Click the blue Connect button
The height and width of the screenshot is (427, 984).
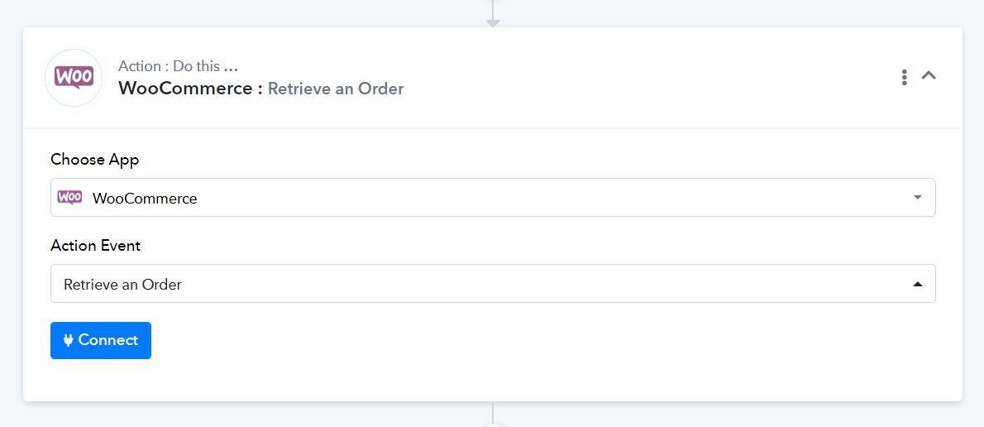pyautogui.click(x=100, y=340)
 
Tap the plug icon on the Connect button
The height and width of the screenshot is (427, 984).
pyautogui.click(x=69, y=340)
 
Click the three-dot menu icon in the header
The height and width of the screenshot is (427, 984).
pyautogui.click(x=904, y=77)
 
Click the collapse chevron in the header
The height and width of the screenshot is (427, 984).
pyautogui.click(x=929, y=75)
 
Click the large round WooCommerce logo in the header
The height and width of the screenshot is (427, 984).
pyautogui.click(x=74, y=78)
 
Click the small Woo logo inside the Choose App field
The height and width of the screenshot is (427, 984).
pyautogui.click(x=69, y=198)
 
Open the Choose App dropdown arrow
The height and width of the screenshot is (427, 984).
pyautogui.click(x=918, y=197)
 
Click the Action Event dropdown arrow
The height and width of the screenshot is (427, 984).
pyautogui.click(x=918, y=284)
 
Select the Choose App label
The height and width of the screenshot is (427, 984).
pyautogui.click(x=95, y=160)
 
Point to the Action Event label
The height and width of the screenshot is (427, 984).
pyautogui.click(x=95, y=246)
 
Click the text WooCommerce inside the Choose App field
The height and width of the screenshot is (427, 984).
pyautogui.click(x=145, y=199)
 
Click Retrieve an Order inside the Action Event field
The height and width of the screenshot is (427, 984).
pyautogui.click(x=122, y=285)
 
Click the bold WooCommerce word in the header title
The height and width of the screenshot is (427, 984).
pyautogui.click(x=186, y=89)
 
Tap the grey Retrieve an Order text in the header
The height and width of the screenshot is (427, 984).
pyautogui.click(x=336, y=89)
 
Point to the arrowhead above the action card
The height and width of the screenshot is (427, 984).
pyautogui.click(x=493, y=23)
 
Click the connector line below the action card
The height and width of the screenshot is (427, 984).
pyautogui.click(x=493, y=413)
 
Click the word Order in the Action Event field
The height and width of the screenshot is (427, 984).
pyautogui.click(x=162, y=285)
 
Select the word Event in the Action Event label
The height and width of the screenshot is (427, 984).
pyautogui.click(x=121, y=246)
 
